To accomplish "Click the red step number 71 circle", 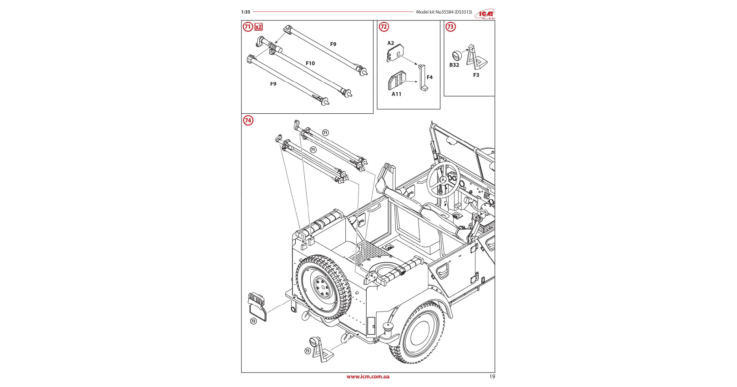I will pyautogui.click(x=247, y=27).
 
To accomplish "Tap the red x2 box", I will pyautogui.click(x=258, y=27).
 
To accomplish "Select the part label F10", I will pyautogui.click(x=310, y=64).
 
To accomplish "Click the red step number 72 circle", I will pyautogui.click(x=384, y=27).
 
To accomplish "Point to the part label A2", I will pyautogui.click(x=391, y=43).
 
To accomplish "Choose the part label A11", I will pyautogui.click(x=397, y=94).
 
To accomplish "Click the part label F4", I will pyautogui.click(x=429, y=77).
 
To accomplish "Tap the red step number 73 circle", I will pyautogui.click(x=450, y=27).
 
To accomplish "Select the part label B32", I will pyautogui.click(x=454, y=65).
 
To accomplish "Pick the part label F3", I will pyautogui.click(x=476, y=75).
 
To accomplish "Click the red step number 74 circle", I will pyautogui.click(x=248, y=121).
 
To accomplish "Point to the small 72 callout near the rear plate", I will pyautogui.click(x=253, y=321).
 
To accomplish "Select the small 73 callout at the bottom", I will pyautogui.click(x=308, y=351).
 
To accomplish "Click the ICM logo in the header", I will pyautogui.click(x=485, y=14).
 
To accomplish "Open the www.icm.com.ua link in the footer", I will pyautogui.click(x=368, y=377).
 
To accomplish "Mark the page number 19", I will pyautogui.click(x=492, y=377).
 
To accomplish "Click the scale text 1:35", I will pyautogui.click(x=246, y=12).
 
